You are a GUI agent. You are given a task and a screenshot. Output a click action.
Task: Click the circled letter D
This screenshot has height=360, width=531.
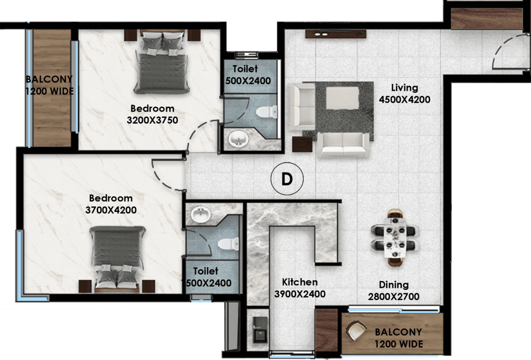point(287,179)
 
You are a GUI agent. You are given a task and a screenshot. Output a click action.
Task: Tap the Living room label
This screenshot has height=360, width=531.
point(404,88)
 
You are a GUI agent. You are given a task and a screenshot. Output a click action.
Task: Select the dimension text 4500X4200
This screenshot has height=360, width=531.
point(404,100)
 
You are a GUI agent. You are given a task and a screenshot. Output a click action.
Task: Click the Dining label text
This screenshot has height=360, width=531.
point(394,285)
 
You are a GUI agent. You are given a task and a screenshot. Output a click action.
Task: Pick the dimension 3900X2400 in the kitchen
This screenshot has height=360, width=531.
point(300,294)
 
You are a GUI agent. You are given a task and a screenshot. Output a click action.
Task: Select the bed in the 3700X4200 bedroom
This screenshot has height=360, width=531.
point(117,255)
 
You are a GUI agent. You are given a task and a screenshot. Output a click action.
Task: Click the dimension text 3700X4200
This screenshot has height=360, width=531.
point(110,210)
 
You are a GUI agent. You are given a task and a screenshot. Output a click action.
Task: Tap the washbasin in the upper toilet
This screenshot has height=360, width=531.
point(239,139)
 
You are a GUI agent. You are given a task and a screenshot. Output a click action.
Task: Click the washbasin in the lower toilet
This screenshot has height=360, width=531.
point(200,214)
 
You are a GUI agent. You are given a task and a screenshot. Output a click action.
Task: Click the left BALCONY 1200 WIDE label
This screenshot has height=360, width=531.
point(50,85)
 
